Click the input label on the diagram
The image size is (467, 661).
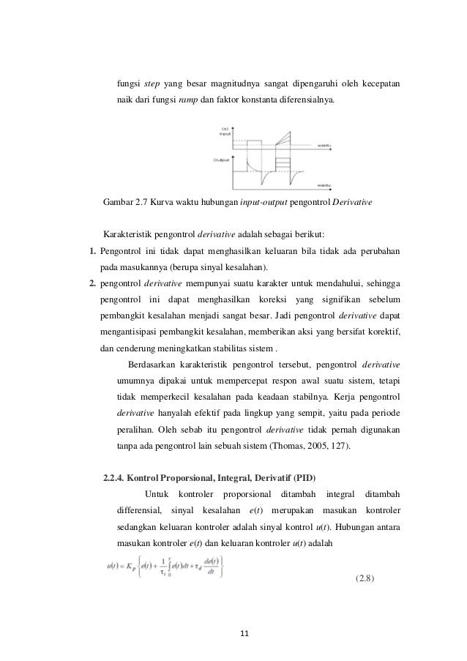coord(225,135)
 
